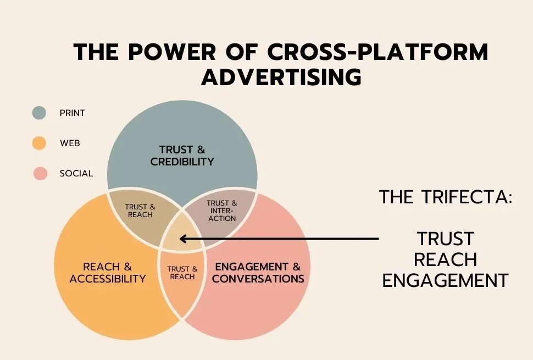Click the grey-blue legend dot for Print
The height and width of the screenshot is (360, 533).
coord(39,113)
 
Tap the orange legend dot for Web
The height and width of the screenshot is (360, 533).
coord(39,143)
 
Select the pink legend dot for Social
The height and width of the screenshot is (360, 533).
coord(39,174)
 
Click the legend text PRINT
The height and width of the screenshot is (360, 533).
coord(72,113)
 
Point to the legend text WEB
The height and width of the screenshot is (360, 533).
coord(70,143)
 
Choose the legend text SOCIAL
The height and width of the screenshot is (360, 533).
coord(76,174)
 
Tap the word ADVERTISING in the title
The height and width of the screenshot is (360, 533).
coord(281,77)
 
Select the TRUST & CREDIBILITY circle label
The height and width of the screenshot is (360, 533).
coord(182,156)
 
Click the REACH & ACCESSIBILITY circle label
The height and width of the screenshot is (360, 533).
coord(108,273)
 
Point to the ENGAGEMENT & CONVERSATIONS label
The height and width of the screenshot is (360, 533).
coord(258,273)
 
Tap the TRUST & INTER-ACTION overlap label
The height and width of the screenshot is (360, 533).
coord(222,211)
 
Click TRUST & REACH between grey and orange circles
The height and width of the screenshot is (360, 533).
coord(140,211)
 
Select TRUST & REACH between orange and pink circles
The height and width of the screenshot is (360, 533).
coord(182,273)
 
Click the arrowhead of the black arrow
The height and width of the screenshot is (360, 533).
coord(183,239)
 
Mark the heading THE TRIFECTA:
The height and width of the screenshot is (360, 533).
coord(446,197)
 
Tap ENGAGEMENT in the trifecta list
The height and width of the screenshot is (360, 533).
coord(445,280)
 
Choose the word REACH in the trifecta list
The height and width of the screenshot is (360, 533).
coord(445,259)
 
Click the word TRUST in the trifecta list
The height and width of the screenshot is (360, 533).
coord(445,239)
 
